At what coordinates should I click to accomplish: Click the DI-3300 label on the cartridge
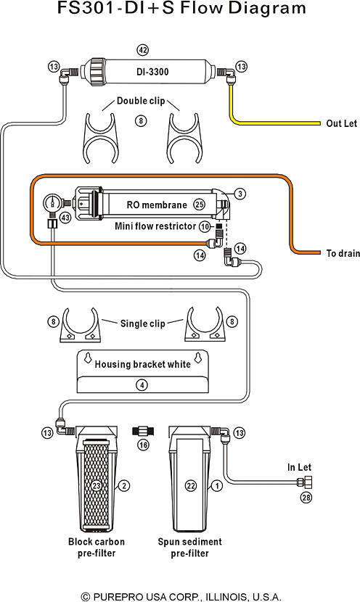point(152,72)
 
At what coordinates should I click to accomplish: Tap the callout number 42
point(142,50)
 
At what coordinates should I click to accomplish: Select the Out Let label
point(342,123)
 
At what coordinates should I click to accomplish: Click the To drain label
point(343,253)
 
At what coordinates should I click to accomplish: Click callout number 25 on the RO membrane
point(199,205)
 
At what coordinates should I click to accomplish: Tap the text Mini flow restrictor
point(155,226)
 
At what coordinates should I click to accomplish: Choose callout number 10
point(205,226)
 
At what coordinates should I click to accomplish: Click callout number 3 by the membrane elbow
point(240,194)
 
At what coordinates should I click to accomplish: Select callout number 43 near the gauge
point(66,218)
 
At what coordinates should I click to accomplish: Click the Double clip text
point(141,101)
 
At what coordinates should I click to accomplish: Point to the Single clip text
point(142,323)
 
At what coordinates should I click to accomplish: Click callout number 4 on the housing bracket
point(142,384)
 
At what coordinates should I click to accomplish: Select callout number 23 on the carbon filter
point(97,486)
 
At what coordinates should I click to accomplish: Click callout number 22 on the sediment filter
point(191,486)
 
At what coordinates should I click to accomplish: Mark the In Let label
point(299,467)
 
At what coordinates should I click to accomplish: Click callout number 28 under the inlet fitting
point(306,498)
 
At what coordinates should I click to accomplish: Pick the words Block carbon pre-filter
point(97,548)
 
